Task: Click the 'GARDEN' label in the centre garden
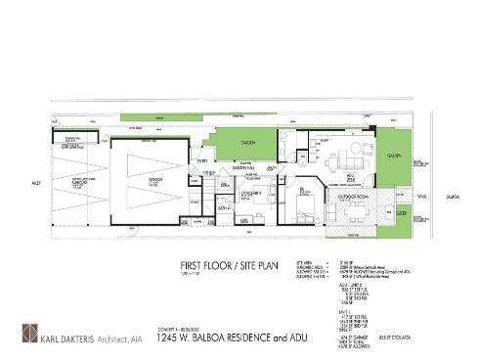(x=249, y=145)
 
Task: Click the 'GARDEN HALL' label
(x=242, y=169)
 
